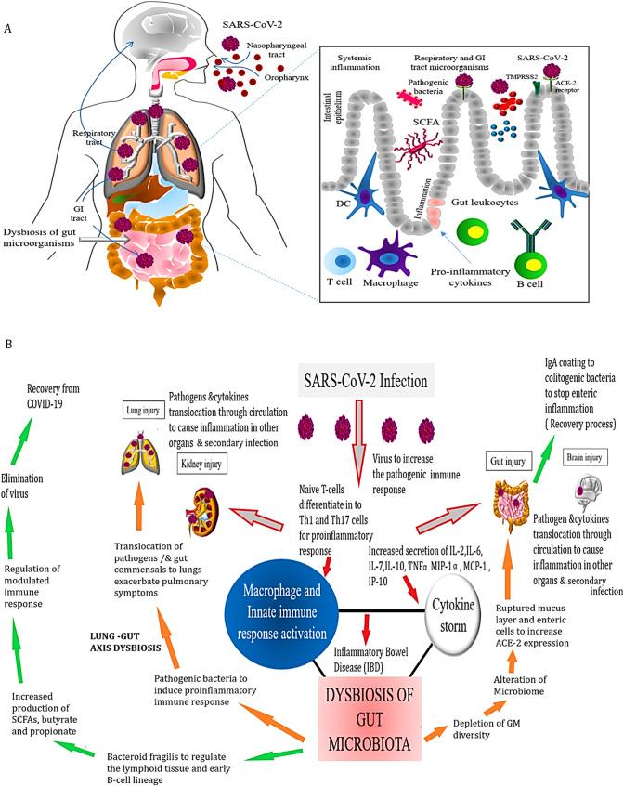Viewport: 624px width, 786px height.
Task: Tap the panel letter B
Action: click(9, 343)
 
